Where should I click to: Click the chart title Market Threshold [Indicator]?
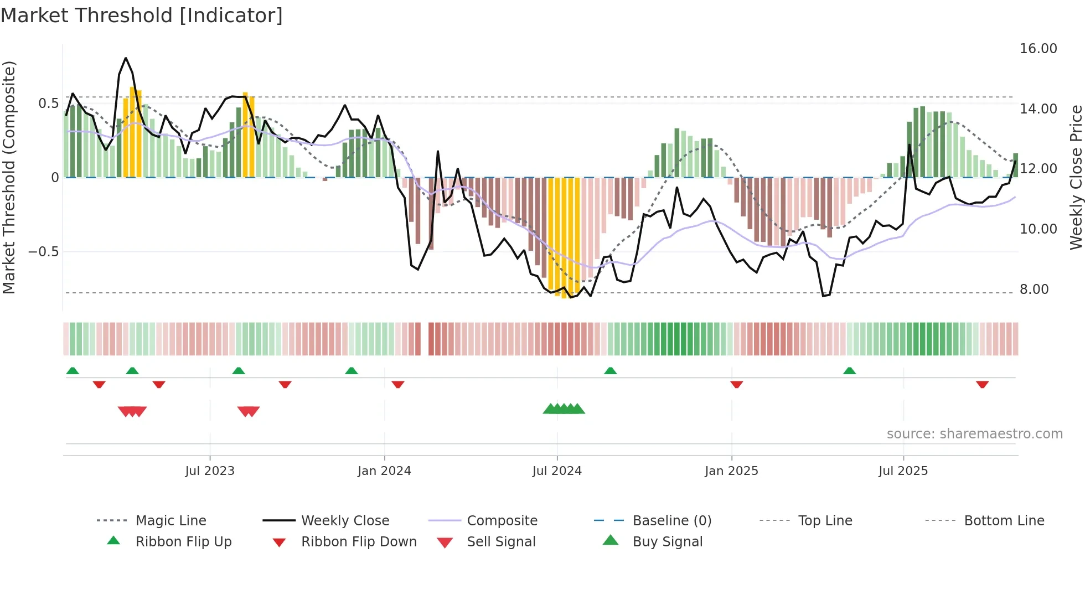142,15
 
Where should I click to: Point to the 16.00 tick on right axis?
1038,49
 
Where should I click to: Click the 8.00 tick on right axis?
1034,289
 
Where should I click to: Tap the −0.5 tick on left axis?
43,252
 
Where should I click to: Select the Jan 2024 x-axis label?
384,471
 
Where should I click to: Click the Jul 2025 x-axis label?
903,471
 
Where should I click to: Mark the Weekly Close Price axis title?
1076,177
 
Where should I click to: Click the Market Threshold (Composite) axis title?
9,177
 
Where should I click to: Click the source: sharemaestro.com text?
974,433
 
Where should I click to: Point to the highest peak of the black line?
126,58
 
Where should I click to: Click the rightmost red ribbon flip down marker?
982,384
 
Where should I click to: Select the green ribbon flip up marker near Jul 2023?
239,370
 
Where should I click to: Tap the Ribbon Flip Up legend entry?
183,541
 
